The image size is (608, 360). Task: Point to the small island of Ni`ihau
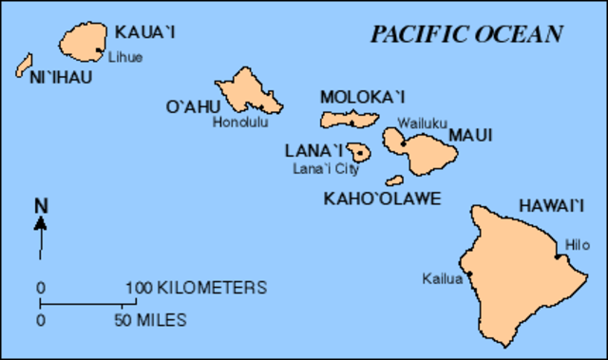pyautogui.click(x=24, y=66)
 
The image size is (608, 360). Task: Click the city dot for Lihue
pyautogui.click(x=100, y=50)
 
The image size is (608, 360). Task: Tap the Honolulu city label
pyautogui.click(x=240, y=122)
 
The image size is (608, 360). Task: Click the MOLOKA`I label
pyautogui.click(x=363, y=96)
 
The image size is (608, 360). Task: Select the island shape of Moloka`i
pyautogui.click(x=351, y=118)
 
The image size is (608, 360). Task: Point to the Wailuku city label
pyautogui.click(x=417, y=123)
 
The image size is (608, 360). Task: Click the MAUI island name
pyautogui.click(x=470, y=136)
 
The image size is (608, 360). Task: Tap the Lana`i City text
pyautogui.click(x=325, y=169)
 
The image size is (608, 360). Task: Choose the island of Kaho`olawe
pyautogui.click(x=395, y=180)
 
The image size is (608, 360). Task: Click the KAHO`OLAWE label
pyautogui.click(x=383, y=199)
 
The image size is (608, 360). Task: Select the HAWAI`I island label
pyautogui.click(x=550, y=205)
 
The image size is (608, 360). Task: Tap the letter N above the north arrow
pyautogui.click(x=41, y=204)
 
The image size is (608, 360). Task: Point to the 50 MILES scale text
pyautogui.click(x=151, y=320)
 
